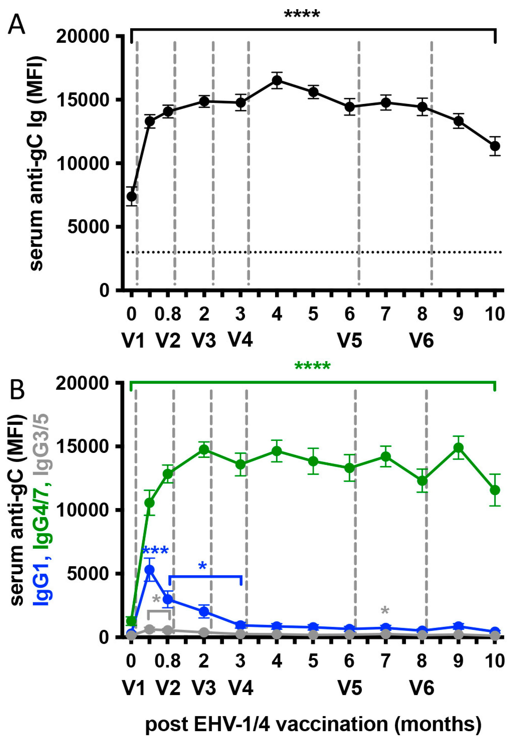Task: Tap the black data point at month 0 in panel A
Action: coord(131,196)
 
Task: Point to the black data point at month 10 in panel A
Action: coord(495,146)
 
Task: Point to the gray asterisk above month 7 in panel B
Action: coord(385,611)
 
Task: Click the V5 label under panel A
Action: coord(350,341)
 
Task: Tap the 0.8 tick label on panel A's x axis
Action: coord(168,314)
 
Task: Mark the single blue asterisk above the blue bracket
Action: coord(202,567)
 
